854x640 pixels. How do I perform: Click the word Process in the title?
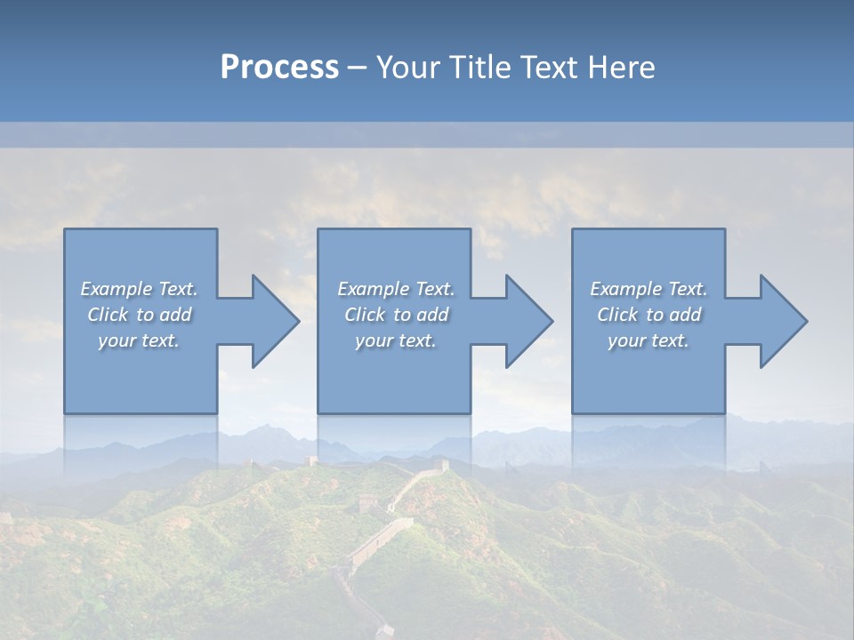coord(279,68)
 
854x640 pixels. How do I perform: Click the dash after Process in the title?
coord(358,69)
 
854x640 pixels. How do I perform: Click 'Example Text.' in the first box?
coord(139,289)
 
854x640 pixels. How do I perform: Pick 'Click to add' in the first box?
coord(139,315)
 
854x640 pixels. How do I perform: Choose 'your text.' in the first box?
coord(139,340)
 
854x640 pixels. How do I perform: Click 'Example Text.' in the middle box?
coord(395,289)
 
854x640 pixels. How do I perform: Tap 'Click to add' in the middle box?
coord(395,315)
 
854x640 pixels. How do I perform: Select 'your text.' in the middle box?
coord(395,340)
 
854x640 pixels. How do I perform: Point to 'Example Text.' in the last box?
coord(649,289)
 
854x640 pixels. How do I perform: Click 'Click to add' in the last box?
coord(649,315)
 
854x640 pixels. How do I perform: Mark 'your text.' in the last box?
coord(649,340)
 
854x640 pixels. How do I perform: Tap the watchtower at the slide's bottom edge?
coord(384,631)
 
